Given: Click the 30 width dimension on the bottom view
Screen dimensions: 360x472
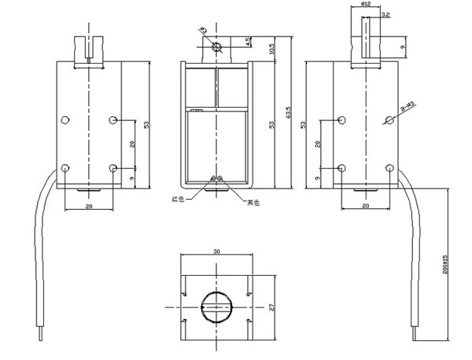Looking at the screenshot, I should click(216, 252).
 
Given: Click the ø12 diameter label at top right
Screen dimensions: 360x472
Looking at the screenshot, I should click(367, 6).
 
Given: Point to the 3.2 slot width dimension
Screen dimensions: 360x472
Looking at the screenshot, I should click(385, 14).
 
